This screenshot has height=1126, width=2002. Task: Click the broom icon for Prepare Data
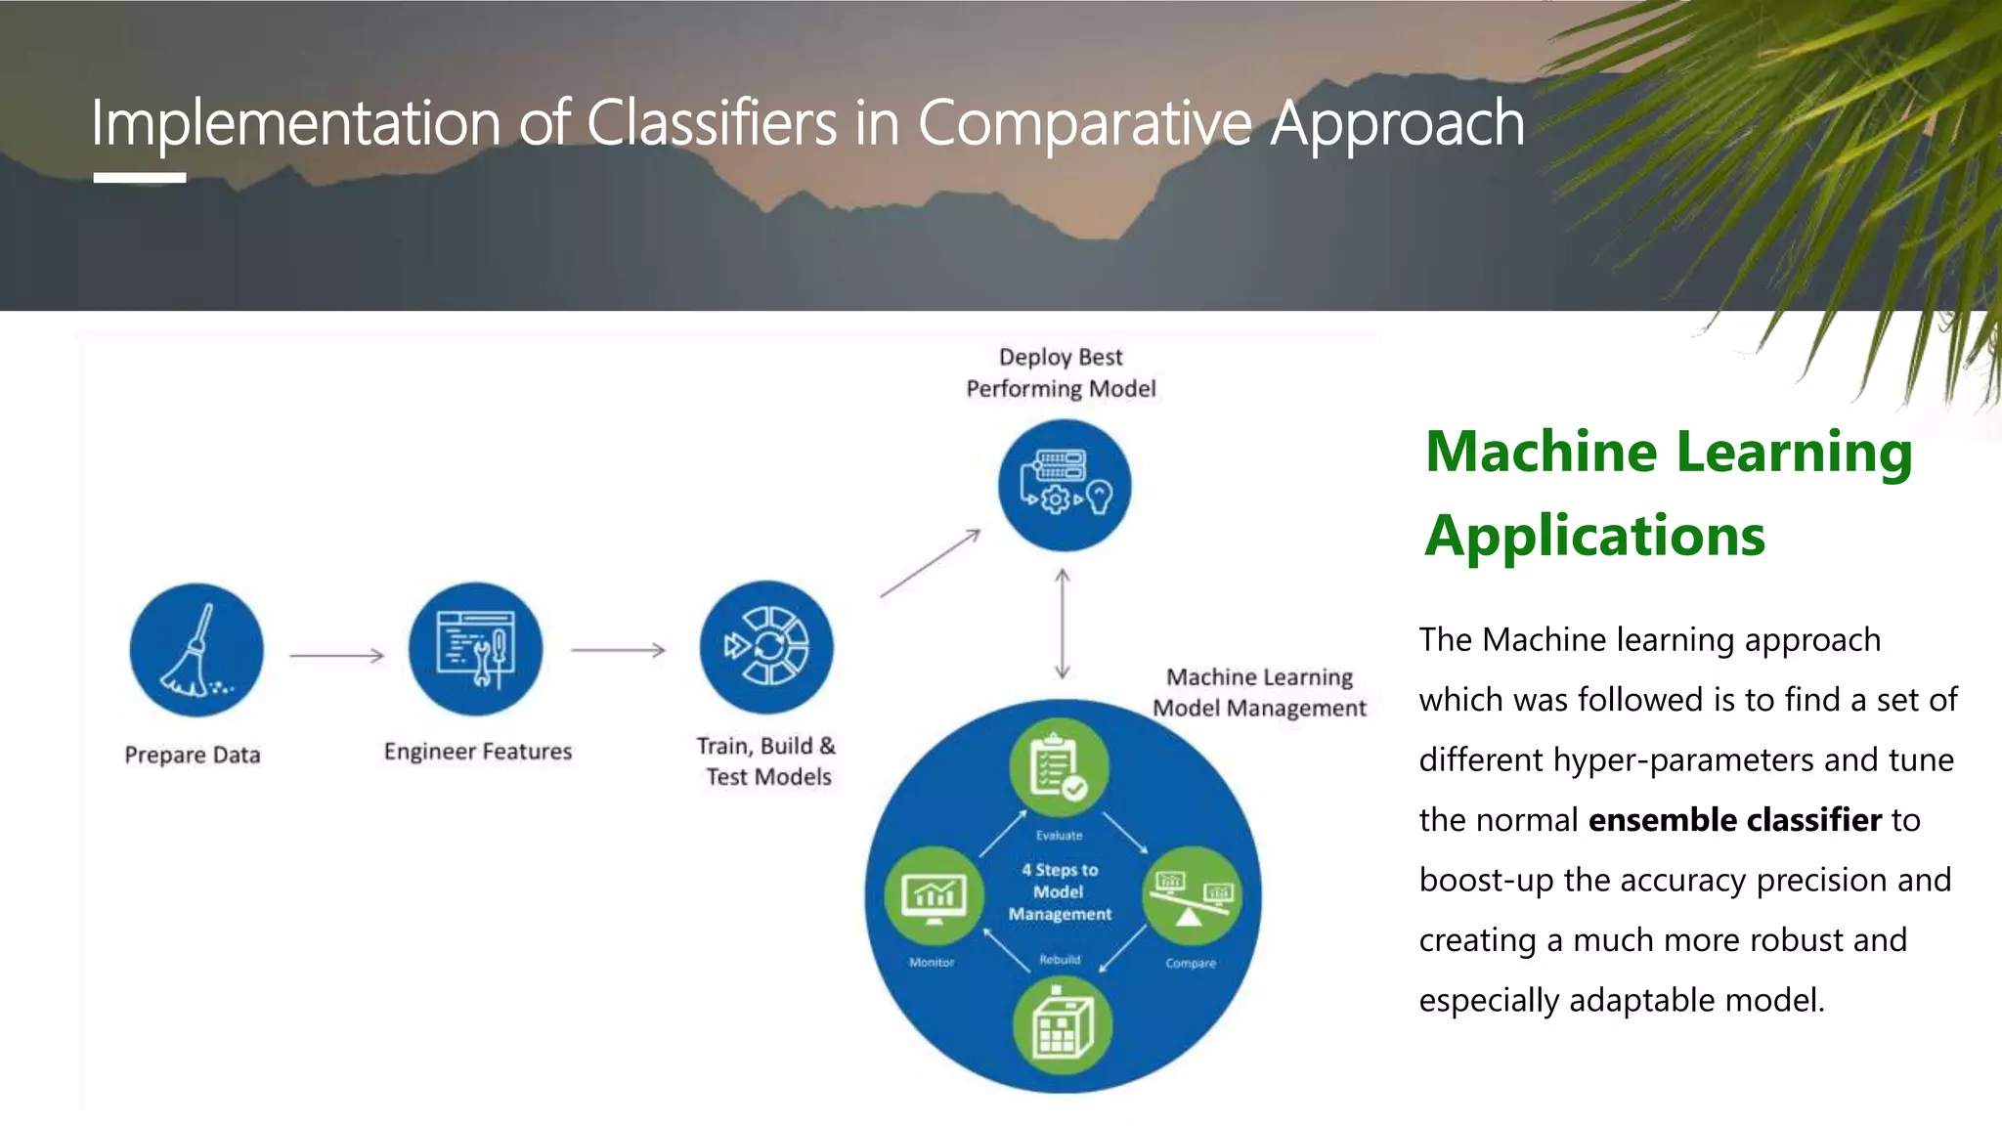[196, 650]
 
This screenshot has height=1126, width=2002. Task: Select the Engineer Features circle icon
[475, 648]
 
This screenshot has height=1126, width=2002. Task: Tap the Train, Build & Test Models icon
[766, 646]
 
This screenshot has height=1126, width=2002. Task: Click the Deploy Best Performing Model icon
[1064, 485]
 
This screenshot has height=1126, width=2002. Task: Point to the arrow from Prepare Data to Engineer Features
[337, 655]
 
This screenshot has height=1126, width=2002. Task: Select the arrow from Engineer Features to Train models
[618, 650]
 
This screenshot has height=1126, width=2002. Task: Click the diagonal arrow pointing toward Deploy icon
[930, 564]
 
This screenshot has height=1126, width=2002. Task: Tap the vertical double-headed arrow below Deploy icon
[1063, 624]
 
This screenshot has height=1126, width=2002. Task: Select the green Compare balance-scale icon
[1192, 895]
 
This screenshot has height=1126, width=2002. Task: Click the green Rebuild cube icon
[1062, 1025]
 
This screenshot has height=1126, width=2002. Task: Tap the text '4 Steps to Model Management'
[1060, 891]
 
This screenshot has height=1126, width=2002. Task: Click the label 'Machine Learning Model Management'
[1259, 692]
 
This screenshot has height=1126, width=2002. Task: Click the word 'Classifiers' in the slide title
[712, 124]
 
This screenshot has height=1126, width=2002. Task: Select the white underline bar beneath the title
[140, 178]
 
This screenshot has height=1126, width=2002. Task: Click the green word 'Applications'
[1594, 536]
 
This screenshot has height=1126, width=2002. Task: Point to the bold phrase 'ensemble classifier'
[1734, 819]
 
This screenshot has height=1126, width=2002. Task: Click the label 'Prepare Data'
[193, 755]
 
